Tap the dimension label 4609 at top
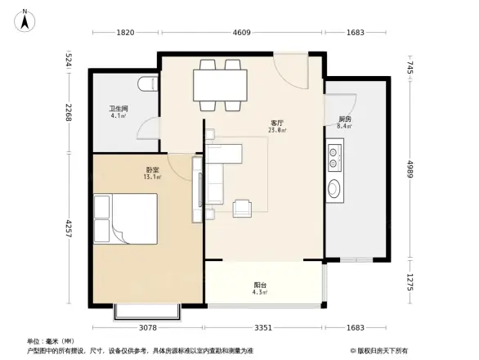[x=241, y=34]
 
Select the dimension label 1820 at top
[x=125, y=34]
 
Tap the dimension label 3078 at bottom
[x=146, y=328]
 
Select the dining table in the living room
[x=220, y=83]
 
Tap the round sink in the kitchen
[x=335, y=189]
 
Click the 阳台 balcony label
[x=259, y=286]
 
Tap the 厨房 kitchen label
[x=345, y=121]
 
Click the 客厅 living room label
[x=276, y=123]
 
